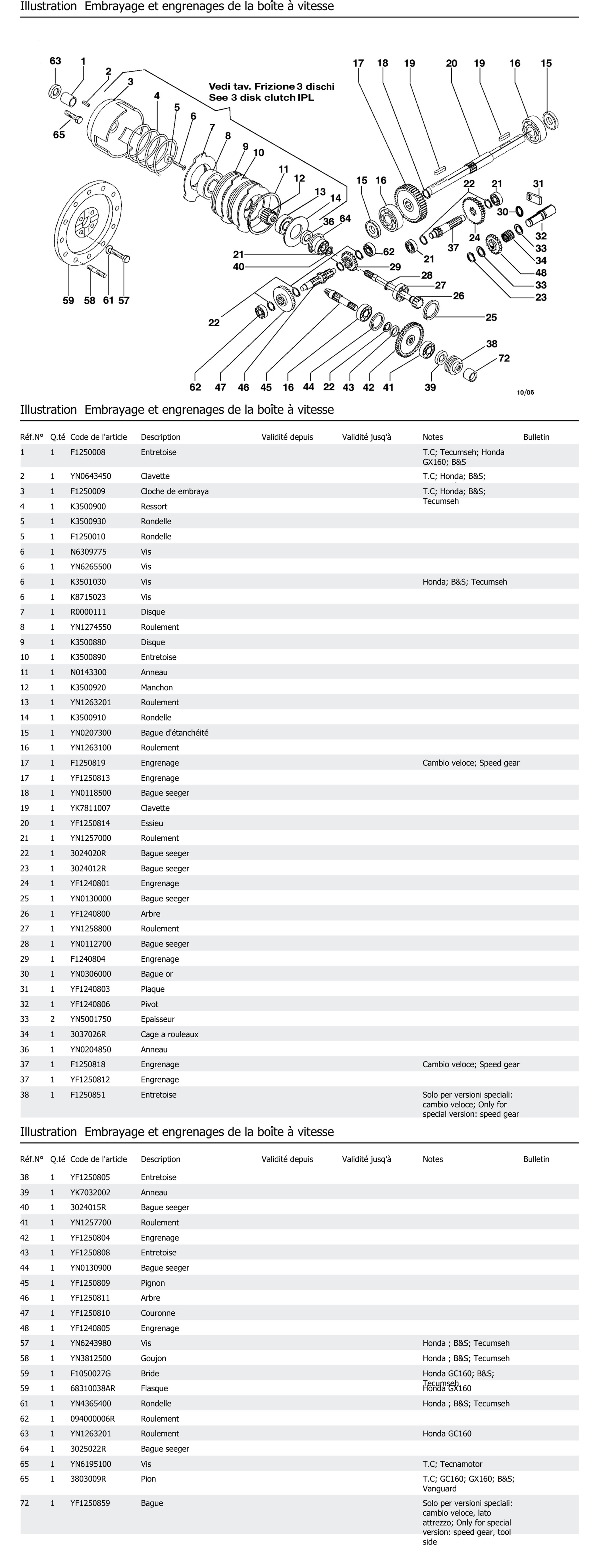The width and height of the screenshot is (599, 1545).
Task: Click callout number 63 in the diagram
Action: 55,61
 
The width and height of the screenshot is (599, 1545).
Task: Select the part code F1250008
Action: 88,452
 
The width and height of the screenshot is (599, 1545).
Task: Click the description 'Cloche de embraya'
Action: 175,491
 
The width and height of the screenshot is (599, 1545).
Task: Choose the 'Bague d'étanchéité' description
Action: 175,732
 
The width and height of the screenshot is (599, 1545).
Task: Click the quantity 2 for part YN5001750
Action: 52,1019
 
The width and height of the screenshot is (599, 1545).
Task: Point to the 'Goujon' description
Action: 154,1358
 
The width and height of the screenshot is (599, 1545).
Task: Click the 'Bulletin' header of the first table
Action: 536,437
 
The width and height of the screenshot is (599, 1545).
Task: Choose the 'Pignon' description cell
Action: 153,1283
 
